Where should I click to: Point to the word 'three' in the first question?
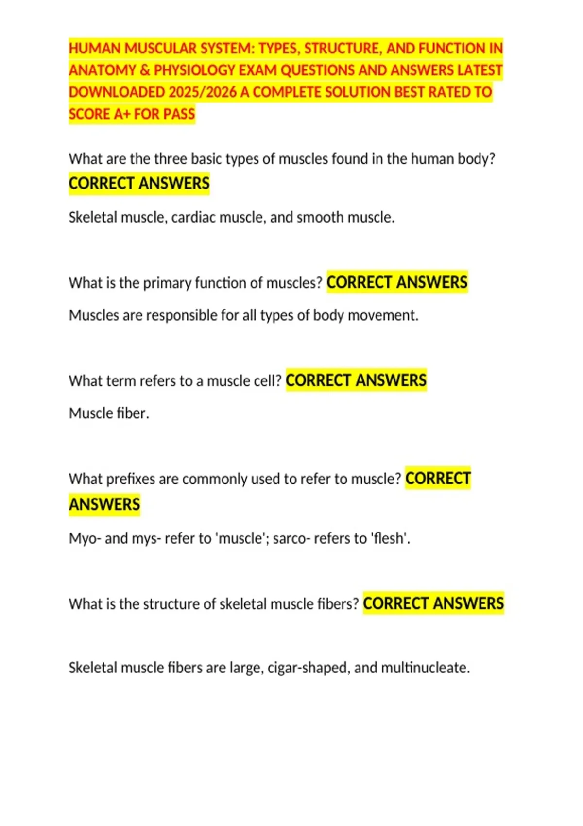coord(170,159)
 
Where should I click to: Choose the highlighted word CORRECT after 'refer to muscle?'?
coord(438,479)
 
